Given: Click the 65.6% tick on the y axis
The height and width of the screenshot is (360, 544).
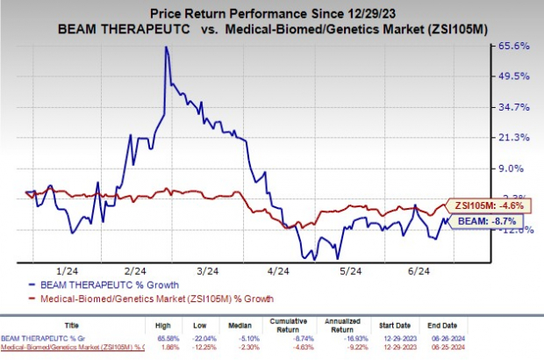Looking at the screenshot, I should pyautogui.click(x=515, y=46).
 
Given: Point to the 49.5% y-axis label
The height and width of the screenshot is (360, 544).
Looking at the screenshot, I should pyautogui.click(x=515, y=76).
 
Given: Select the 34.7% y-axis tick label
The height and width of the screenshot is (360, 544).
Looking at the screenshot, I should pyautogui.click(x=515, y=107).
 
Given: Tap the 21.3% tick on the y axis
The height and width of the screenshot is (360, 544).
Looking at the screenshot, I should pyautogui.click(x=515, y=138).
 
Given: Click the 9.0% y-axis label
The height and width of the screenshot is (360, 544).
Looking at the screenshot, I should pyautogui.click(x=518, y=169).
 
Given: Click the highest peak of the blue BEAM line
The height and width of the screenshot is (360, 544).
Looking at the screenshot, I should pyautogui.click(x=166, y=47).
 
